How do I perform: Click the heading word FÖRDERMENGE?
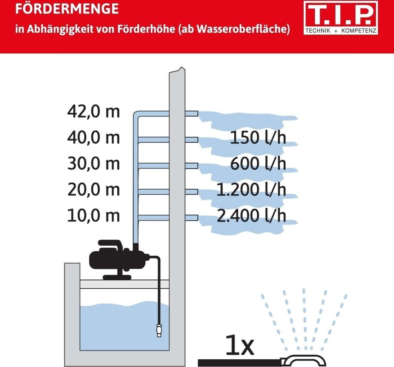(67, 8)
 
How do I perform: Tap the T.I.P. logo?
(341, 18)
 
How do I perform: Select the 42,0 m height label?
(93, 112)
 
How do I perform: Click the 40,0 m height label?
(93, 137)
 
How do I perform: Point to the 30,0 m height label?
(93, 164)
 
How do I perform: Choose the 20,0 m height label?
(93, 190)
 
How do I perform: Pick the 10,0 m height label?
(93, 216)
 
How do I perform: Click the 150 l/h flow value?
(258, 137)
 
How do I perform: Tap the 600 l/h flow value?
(258, 164)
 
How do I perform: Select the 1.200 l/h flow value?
(251, 190)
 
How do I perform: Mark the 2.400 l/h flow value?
(251, 216)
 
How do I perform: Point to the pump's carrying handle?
(110, 243)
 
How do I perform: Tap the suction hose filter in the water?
(159, 330)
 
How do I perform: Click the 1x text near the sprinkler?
(239, 345)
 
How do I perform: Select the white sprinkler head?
(304, 360)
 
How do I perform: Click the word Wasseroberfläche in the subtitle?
(241, 29)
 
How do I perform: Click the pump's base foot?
(117, 277)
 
